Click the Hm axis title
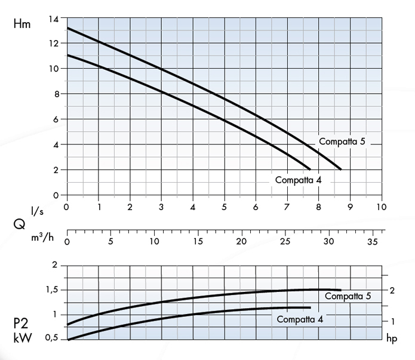pyautogui.click(x=21, y=25)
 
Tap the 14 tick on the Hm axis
pyautogui.click(x=54, y=19)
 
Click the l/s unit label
pyautogui.click(x=37, y=211)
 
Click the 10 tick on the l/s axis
pyautogui.click(x=382, y=207)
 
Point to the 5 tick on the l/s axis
pyautogui.click(x=224, y=207)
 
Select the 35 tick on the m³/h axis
pyautogui.click(x=371, y=242)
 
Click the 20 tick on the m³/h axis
pyautogui.click(x=241, y=242)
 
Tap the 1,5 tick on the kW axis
pyautogui.click(x=53, y=290)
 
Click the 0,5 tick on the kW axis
pyautogui.click(x=53, y=339)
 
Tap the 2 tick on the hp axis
pyautogui.click(x=392, y=290)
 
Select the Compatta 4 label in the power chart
pyautogui.click(x=300, y=319)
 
